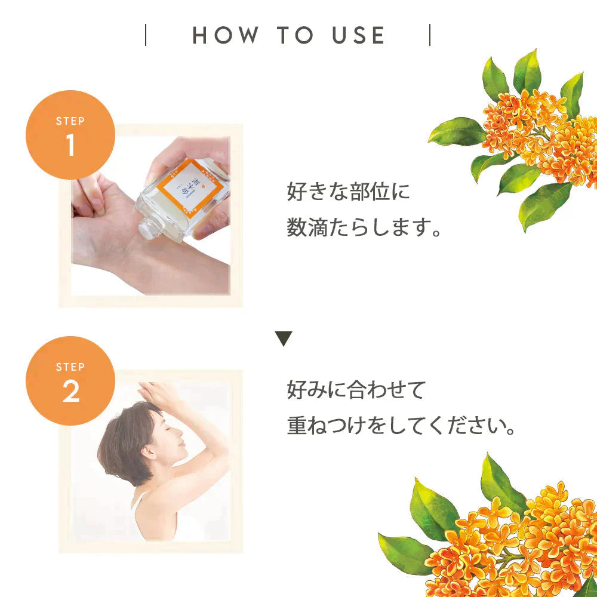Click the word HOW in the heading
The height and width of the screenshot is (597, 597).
[226, 36]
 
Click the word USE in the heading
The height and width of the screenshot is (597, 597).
[358, 36]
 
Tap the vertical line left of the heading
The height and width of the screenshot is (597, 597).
[146, 35]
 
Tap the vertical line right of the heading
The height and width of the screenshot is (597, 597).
[430, 35]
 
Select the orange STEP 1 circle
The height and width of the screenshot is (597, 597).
[70, 134]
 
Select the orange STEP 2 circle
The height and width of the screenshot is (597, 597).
[70, 380]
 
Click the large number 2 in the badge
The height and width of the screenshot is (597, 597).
[70, 392]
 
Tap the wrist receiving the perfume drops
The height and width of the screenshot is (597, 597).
[128, 239]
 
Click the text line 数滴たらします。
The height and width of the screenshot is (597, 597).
[365, 227]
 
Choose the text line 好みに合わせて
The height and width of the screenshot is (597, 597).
[356, 390]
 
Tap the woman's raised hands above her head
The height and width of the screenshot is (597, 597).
[158, 394]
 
